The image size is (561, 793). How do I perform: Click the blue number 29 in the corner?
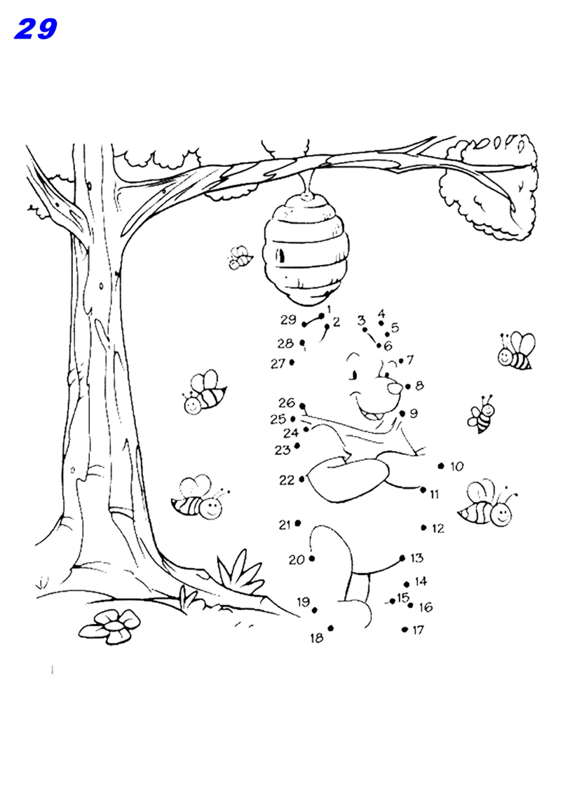[35, 29]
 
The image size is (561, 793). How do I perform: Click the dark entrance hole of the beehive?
[280, 256]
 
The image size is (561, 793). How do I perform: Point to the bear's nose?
[394, 386]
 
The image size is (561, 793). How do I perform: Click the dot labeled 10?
[440, 466]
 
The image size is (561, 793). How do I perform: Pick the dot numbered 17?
[405, 630]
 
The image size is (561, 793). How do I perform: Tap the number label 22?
[286, 480]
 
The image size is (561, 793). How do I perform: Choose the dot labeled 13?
[402, 558]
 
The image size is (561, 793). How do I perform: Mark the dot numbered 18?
[330, 628]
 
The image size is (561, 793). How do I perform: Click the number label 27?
[278, 363]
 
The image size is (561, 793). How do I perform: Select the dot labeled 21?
[298, 523]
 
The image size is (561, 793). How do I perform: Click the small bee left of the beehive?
[240, 258]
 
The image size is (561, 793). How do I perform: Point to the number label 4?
[381, 313]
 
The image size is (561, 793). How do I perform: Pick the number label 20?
[297, 560]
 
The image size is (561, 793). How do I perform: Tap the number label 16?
[426, 607]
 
